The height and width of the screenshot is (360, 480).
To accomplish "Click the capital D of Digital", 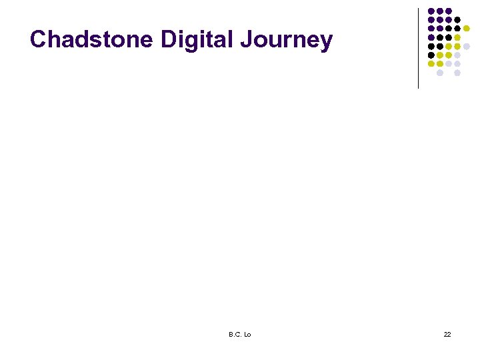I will (169, 40).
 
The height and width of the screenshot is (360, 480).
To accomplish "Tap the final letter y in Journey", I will (326, 43).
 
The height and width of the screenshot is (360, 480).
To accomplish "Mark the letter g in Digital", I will (197, 43).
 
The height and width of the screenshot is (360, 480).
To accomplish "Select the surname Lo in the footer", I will (247, 334).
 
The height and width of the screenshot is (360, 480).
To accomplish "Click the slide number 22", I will (447, 334).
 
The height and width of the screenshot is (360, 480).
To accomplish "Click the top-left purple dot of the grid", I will (431, 11).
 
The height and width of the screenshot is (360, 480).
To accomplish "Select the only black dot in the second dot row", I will (457, 20).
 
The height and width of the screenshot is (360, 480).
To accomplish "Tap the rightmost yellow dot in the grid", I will (466, 29).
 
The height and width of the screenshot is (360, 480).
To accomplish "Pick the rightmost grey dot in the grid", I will (466, 46).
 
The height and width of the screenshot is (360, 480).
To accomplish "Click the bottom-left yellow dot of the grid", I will (431, 63).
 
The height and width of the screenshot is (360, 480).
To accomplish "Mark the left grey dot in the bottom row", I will (440, 73).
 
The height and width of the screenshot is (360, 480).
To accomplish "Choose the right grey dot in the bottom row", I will (457, 73).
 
